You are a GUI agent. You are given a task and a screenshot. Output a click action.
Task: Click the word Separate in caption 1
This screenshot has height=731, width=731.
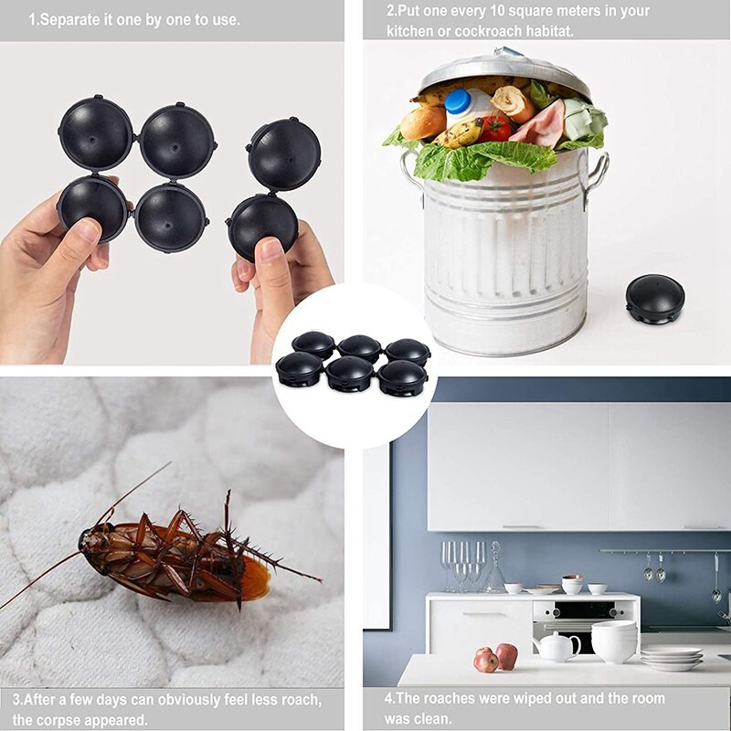69,19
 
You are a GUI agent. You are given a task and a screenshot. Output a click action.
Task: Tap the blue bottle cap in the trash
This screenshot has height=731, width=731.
457,101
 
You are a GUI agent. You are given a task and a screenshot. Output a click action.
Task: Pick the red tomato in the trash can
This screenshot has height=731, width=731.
495,128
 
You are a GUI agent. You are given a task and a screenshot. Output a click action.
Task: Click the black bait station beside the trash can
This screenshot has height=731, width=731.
654,298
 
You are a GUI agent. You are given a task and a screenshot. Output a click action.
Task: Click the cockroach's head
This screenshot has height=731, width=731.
90,540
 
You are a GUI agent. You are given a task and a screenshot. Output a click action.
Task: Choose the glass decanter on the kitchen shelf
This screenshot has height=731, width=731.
495,570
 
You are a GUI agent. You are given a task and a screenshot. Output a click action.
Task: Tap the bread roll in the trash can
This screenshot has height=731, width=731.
423,122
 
